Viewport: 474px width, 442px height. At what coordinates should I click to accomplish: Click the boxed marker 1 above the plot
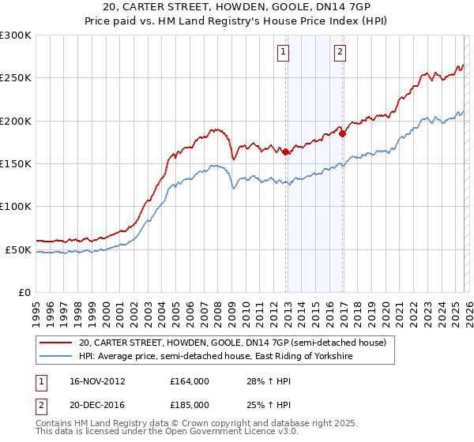(283, 53)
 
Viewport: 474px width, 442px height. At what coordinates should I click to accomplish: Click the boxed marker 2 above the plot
(340, 53)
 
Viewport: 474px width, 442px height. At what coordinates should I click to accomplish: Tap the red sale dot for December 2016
(343, 133)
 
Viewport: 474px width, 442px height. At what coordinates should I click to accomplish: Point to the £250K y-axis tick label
(15, 78)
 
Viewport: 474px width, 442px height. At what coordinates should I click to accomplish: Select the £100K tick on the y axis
(15, 207)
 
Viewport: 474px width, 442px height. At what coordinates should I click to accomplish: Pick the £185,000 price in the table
(190, 404)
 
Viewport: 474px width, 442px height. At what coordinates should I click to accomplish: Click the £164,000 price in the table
(190, 381)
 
